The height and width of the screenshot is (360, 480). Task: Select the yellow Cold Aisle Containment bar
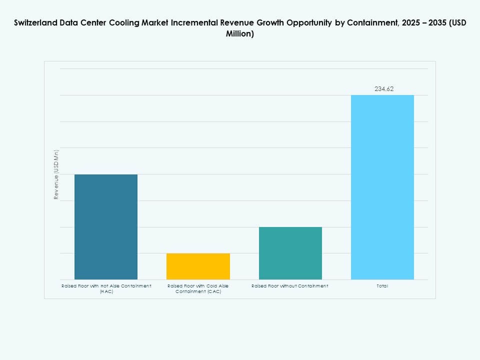198,266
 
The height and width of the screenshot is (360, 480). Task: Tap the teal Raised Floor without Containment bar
290,253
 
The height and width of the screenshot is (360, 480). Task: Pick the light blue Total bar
382,187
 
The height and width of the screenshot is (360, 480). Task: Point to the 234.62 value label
384,89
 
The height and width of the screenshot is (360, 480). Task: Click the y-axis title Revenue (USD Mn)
56,174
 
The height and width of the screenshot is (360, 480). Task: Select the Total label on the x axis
382,286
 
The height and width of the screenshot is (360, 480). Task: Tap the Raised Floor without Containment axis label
290,286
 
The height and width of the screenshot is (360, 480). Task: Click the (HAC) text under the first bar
106,291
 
